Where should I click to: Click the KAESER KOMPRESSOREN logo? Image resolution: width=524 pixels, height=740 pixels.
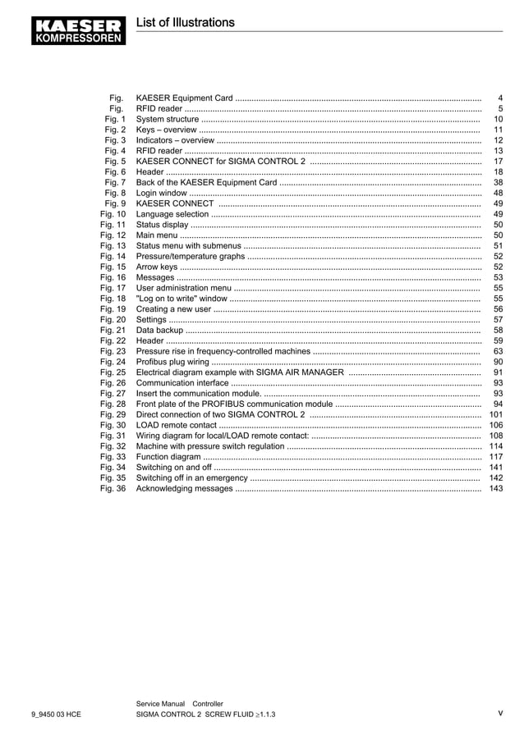tap(80, 30)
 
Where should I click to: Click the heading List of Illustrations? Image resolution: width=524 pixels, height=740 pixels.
tap(185, 23)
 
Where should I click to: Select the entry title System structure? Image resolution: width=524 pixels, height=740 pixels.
tap(168, 119)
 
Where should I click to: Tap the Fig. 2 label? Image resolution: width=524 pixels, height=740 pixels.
tap(115, 130)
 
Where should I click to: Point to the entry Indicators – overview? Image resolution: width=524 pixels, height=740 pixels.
tap(175, 140)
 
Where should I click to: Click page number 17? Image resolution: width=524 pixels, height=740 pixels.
tap(497, 162)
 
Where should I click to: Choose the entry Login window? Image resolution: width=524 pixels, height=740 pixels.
tap(162, 193)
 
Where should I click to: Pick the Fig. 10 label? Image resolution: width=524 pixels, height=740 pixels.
tap(113, 214)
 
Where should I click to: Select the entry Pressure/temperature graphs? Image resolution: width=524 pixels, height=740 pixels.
tap(191, 256)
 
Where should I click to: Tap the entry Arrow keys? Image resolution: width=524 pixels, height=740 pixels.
tap(157, 267)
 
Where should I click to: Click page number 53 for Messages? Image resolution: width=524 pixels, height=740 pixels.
tap(498, 277)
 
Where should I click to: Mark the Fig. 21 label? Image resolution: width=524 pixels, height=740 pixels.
tap(113, 330)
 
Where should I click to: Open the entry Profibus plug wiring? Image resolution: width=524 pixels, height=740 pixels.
tap(172, 362)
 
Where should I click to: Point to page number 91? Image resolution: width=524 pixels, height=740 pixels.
tap(498, 372)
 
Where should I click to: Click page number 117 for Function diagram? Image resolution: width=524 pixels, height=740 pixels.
tap(495, 457)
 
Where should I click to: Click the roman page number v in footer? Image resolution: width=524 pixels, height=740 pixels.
tap(499, 713)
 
